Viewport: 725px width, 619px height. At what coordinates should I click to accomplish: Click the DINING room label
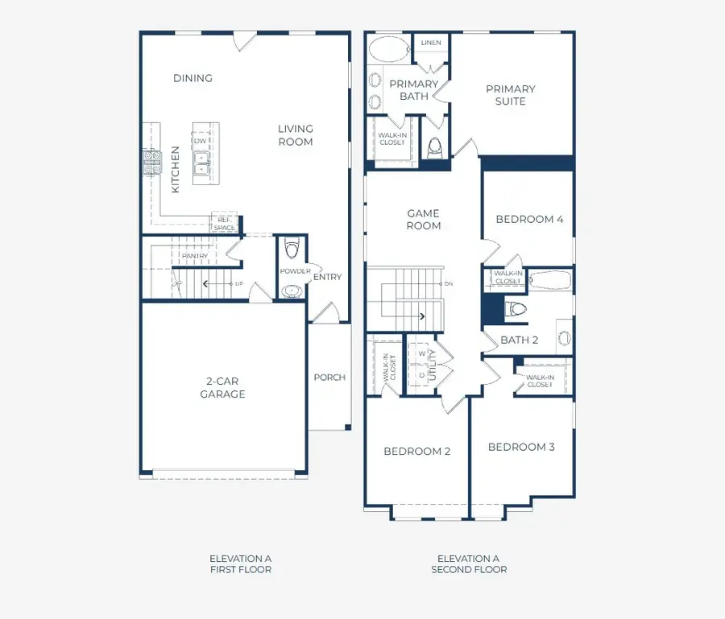coord(193,78)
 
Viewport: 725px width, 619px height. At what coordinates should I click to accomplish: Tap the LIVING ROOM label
coord(296,135)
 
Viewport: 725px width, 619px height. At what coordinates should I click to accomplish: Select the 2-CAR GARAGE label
coord(222,387)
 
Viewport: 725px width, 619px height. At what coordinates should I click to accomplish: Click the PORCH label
coord(329,378)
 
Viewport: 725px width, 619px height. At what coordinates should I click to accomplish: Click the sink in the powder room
coord(292,291)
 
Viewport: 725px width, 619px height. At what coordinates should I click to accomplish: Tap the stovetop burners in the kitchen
coord(151,163)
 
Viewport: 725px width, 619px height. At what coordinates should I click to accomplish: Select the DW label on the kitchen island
coord(201,141)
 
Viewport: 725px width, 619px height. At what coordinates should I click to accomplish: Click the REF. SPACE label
coord(224,224)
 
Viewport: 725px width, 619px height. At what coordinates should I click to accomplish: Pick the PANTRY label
coord(195,256)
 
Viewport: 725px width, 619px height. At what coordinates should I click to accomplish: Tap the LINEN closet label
coord(431,43)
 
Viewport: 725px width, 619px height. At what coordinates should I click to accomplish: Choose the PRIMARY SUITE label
coord(511,95)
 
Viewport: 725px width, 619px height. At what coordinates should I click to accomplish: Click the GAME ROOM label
coord(424,220)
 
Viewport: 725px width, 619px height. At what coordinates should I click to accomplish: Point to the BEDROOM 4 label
coord(529,219)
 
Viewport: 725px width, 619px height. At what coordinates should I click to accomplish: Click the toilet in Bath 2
coord(516,309)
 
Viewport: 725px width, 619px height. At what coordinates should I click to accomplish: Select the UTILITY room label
coord(433,365)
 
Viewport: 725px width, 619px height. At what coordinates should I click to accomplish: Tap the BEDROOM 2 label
coord(417,452)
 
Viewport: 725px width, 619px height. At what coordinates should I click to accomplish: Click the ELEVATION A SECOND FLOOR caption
coord(469,564)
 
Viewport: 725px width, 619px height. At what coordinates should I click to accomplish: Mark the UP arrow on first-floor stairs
coord(217,283)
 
